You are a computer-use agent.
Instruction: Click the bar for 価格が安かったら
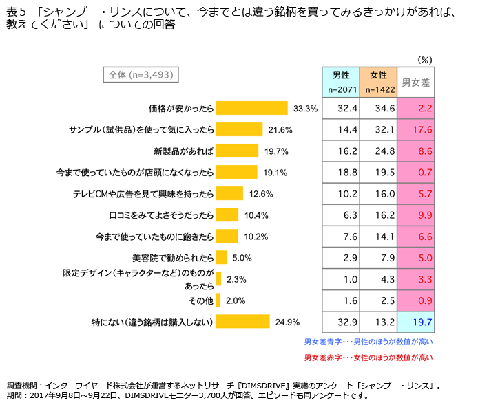point(251,108)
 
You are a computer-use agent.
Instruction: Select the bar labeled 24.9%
point(242,321)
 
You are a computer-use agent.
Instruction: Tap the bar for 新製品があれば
point(237,151)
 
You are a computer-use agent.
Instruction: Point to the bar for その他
point(218,300)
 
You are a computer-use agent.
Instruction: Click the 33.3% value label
point(305,108)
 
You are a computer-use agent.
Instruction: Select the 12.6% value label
point(261,193)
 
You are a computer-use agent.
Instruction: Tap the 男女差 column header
point(416,82)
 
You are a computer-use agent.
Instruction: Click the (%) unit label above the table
point(425,60)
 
